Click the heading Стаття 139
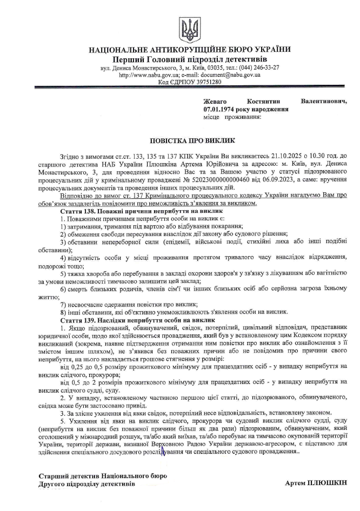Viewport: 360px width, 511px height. tap(78, 320)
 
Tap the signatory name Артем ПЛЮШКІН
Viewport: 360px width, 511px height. tap(316, 483)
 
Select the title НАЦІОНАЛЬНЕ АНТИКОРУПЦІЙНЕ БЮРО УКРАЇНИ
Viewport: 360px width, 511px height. tap(189, 50)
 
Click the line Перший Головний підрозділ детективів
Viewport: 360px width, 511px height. tap(189, 59)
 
